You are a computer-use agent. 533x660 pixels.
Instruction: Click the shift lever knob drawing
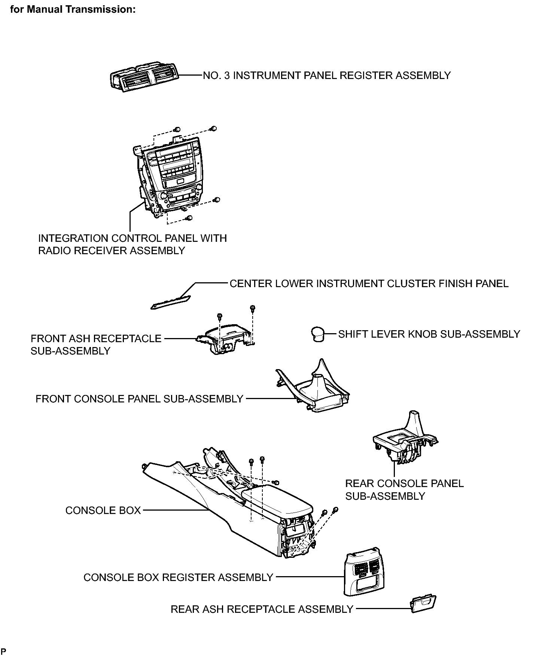[317, 334]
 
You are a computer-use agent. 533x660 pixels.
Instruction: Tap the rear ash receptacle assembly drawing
[423, 603]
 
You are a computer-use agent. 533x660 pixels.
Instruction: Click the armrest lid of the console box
[277, 501]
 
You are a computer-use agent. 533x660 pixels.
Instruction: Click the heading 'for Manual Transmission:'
[73, 9]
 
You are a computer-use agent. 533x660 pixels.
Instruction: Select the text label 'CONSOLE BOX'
[103, 510]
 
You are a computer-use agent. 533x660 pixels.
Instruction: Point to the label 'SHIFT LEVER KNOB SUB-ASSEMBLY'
[429, 334]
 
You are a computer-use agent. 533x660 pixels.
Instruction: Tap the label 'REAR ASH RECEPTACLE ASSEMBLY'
[262, 609]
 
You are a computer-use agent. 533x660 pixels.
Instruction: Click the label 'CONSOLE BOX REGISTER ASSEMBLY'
[178, 577]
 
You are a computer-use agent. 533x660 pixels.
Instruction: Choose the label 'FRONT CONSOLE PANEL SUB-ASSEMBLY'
[139, 399]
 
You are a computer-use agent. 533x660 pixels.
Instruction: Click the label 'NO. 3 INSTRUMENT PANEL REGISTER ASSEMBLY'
[327, 76]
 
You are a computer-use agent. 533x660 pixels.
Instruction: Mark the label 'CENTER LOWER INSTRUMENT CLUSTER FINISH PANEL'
[369, 283]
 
